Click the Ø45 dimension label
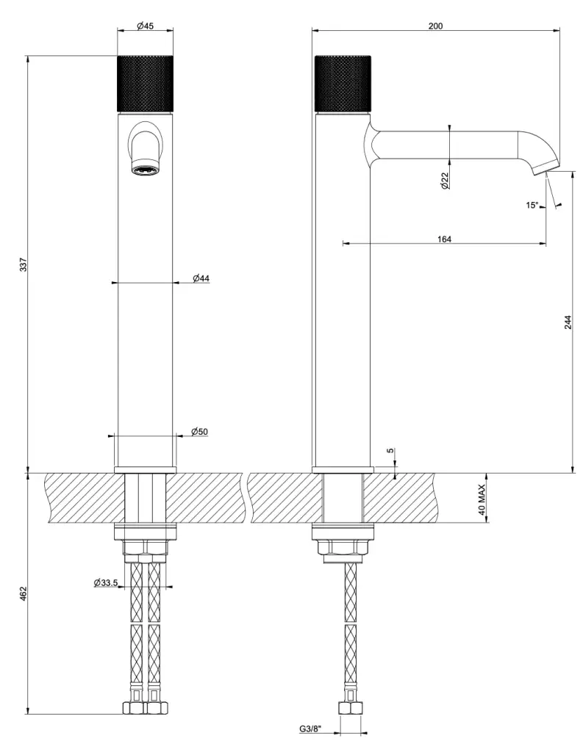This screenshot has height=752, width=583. coord(145,26)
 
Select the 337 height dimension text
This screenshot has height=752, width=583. coord(24,264)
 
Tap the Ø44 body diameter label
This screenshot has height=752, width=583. coord(201,278)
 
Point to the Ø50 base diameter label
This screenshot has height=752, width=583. coord(200,432)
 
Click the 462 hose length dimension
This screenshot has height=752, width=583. coord(24,593)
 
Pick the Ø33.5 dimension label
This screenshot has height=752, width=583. coord(106,582)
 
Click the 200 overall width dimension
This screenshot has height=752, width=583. coord(435,26)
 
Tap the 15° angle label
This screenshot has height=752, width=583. coord(532,206)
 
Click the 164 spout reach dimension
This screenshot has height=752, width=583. coord(445,239)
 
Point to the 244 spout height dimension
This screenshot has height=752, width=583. coord(568,322)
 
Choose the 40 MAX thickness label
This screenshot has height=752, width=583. coord(482,499)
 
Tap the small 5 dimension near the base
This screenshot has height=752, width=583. coord(390,451)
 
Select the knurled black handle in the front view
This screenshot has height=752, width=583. coord(145,84)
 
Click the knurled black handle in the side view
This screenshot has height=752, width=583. coord(343,84)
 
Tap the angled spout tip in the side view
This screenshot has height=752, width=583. coord(546,167)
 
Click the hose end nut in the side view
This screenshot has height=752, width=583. coord(350,708)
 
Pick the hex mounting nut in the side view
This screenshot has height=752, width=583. coord(343,547)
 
